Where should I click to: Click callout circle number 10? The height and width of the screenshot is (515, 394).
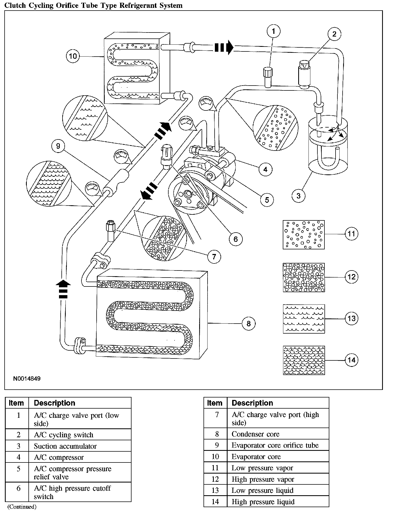(73, 56)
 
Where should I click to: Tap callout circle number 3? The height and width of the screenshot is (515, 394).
(298, 195)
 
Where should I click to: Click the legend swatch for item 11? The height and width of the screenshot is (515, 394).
(304, 234)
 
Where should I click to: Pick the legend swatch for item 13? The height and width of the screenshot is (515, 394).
(304, 319)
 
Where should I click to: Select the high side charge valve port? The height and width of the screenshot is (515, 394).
(111, 230)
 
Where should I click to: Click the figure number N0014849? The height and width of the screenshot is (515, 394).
(27, 379)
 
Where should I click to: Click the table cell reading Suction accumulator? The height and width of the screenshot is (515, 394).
(65, 446)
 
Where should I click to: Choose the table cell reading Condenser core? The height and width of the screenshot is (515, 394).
(255, 434)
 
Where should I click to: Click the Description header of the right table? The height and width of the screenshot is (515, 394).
(252, 403)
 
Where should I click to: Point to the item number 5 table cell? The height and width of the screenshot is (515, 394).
(18, 469)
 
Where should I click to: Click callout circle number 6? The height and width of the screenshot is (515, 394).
(235, 239)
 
